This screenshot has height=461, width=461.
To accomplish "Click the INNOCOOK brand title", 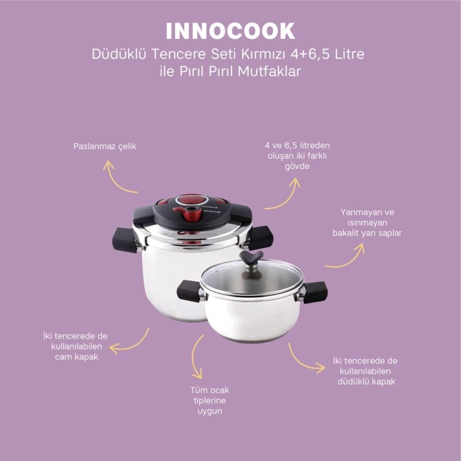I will [x=230, y=31].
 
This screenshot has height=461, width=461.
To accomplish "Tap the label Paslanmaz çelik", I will [x=105, y=146].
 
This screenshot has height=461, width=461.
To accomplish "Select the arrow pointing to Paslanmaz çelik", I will [x=118, y=178].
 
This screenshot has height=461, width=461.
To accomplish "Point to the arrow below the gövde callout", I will [x=284, y=194].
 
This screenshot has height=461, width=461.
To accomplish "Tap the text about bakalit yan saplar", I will [x=367, y=222].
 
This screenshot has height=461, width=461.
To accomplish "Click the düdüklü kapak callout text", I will [x=365, y=371].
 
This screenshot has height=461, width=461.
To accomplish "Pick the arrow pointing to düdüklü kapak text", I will [x=305, y=359].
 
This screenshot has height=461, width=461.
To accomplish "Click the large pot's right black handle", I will [x=261, y=237].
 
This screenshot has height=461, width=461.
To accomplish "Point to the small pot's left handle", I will [x=189, y=291].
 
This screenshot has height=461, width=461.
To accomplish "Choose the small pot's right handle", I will [x=315, y=292].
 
